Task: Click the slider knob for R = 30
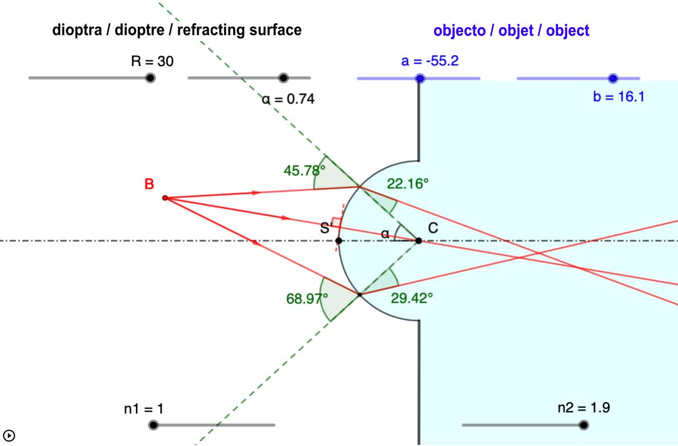point(150,78)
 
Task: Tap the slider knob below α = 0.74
point(284,78)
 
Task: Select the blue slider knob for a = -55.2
point(420,78)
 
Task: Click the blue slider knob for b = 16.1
point(613,78)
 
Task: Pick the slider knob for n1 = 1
point(153,424)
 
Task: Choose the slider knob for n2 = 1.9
point(584,424)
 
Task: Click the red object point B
point(165,198)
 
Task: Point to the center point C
point(419,241)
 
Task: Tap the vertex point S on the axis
point(339,241)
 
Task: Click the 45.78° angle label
point(304,169)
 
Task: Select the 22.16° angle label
point(407,183)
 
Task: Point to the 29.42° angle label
point(412,297)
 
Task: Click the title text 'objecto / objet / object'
point(511,31)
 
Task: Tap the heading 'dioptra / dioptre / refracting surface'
point(177,31)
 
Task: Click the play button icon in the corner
point(9,436)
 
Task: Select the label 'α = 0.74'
point(288,99)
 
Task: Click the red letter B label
point(149,184)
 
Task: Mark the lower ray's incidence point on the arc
point(360,294)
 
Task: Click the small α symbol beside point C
point(385,233)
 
